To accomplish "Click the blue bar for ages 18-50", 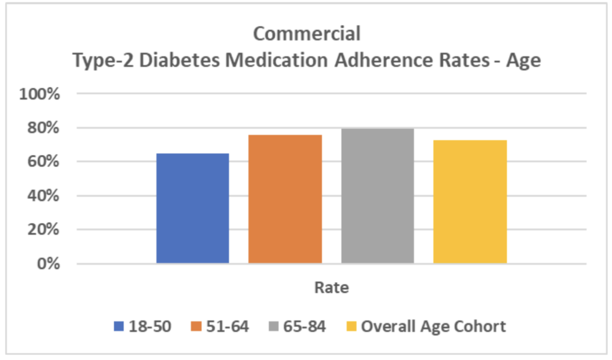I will pyautogui.click(x=192, y=208).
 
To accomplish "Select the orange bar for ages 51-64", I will pyautogui.click(x=285, y=199).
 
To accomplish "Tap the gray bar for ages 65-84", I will pyautogui.click(x=377, y=196).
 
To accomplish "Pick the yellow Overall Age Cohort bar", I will pyautogui.click(x=470, y=202).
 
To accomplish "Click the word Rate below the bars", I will pyautogui.click(x=332, y=288).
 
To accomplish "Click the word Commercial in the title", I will pyautogui.click(x=307, y=33).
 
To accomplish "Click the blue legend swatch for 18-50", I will pyautogui.click(x=119, y=327).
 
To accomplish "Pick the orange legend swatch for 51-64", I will pyautogui.click(x=195, y=327).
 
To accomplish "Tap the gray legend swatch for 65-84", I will pyautogui.click(x=273, y=327).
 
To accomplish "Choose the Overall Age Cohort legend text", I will pyautogui.click(x=433, y=327).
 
